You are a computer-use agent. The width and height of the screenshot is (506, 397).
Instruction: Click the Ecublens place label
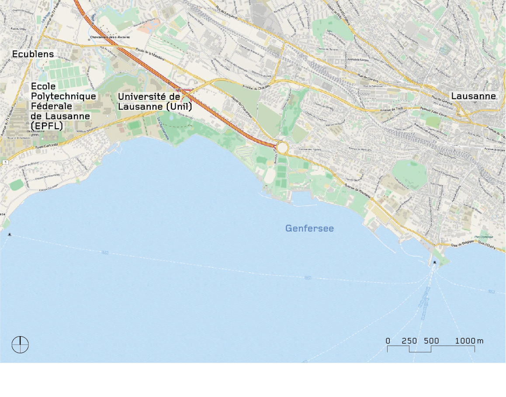(x=33, y=54)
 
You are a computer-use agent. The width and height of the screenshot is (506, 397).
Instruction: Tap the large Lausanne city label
(x=474, y=96)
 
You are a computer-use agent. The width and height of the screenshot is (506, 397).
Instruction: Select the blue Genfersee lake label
(x=309, y=228)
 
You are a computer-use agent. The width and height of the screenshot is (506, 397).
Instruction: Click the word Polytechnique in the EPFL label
(x=63, y=96)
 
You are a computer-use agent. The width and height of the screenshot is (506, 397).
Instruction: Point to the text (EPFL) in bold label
(x=47, y=126)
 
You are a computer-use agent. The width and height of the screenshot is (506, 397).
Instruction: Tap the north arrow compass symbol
(x=20, y=344)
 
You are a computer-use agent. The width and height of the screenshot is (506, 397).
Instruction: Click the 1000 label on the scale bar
(x=465, y=341)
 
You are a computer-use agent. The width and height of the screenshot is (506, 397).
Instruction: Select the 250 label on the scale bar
(x=409, y=341)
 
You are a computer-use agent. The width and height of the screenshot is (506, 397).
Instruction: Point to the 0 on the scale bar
(x=388, y=341)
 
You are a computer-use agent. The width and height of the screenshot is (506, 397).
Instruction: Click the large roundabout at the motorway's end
(x=282, y=148)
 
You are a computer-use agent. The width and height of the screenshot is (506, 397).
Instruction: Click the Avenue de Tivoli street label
(x=391, y=110)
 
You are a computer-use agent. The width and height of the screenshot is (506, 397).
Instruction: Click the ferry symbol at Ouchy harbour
(x=435, y=263)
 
